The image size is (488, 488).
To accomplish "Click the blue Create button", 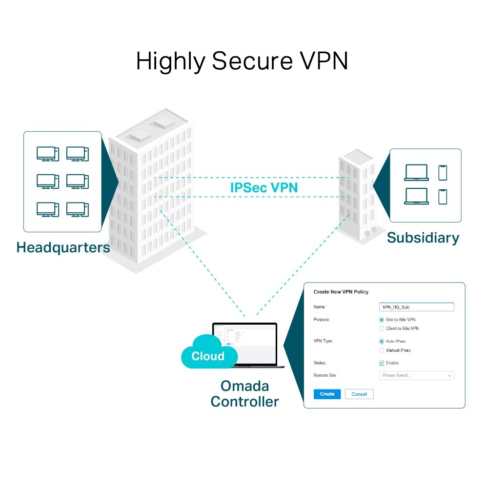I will [327, 394].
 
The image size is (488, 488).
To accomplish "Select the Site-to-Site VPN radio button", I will [382, 320].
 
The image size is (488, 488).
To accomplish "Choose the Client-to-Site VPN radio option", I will [382, 328].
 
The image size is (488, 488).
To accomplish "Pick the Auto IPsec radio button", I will [382, 342].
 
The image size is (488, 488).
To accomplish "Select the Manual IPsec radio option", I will [382, 350].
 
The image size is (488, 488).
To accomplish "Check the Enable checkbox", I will [382, 363].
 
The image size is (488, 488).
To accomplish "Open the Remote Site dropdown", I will [416, 375].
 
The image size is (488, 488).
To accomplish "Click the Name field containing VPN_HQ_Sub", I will [416, 307].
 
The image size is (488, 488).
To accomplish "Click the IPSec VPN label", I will [264, 187].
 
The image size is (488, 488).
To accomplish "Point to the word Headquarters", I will [63, 247].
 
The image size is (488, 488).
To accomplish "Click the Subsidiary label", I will [423, 238].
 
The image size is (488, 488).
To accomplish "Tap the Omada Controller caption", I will [244, 394].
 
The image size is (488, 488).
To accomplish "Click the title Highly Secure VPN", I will [242, 61].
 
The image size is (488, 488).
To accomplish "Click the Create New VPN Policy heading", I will [341, 292].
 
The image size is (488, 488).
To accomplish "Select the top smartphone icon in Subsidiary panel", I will [443, 172].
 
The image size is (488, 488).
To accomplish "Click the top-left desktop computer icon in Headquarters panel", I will [47, 154].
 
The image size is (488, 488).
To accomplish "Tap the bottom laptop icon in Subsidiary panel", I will [416, 196].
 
